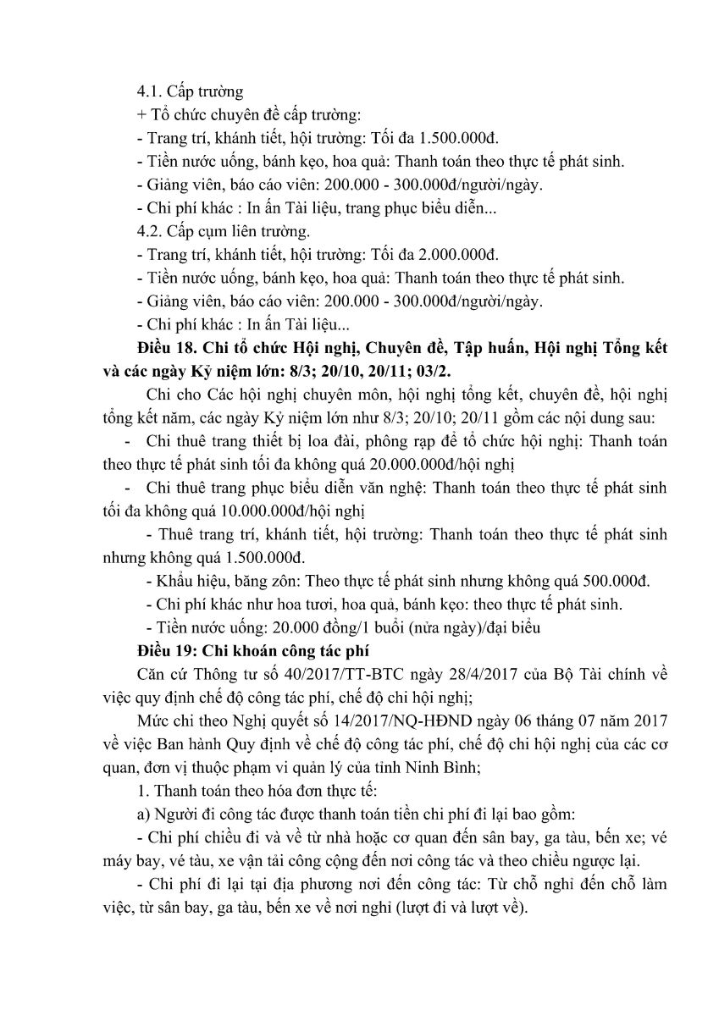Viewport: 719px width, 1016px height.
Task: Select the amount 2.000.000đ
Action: point(457,253)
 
